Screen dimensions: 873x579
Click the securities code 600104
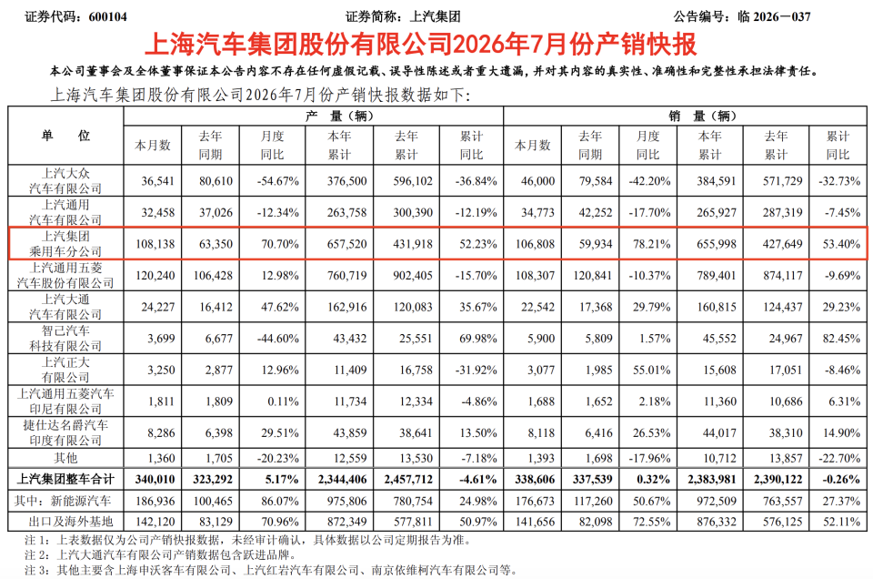click(107, 16)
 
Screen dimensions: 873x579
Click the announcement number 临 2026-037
click(774, 16)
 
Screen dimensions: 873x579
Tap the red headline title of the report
click(420, 45)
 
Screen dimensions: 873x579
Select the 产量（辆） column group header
click(339, 116)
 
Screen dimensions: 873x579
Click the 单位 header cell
click(65, 136)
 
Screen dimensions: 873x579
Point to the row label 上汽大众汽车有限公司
click(65, 180)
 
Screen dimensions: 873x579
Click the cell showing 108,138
click(155, 244)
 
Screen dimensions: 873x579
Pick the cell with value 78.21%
click(651, 244)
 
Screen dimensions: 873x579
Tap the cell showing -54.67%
click(278, 181)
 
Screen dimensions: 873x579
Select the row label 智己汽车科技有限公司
click(65, 339)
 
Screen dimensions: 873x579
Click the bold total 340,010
click(155, 479)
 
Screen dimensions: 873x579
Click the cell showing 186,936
click(155, 501)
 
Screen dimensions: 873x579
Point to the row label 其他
click(65, 458)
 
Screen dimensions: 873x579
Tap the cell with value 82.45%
click(841, 339)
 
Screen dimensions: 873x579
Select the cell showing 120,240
click(155, 275)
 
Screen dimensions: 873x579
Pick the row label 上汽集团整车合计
click(65, 479)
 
